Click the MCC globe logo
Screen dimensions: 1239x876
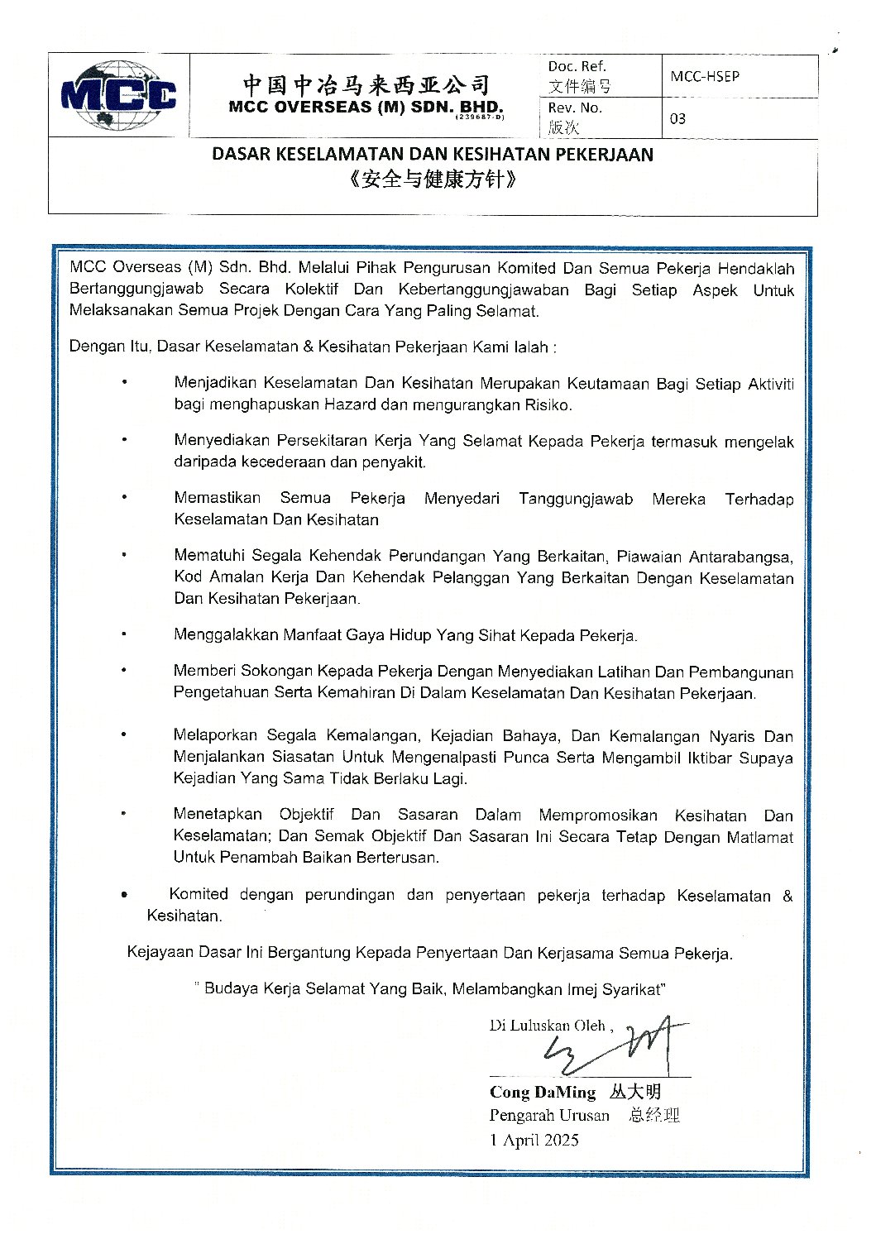point(118,95)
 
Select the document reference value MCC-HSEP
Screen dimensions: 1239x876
point(705,76)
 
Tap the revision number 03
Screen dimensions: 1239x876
point(677,118)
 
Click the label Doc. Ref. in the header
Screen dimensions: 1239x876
point(577,66)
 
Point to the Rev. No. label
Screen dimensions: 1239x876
point(574,108)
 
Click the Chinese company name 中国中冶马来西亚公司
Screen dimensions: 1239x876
point(366,84)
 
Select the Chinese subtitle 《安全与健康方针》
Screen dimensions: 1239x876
point(433,179)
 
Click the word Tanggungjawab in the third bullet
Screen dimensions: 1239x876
point(576,499)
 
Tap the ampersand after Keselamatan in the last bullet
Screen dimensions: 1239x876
point(787,895)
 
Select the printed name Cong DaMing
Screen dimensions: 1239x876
point(542,1092)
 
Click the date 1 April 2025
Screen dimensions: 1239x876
point(534,1140)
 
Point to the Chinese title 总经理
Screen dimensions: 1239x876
point(653,1115)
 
